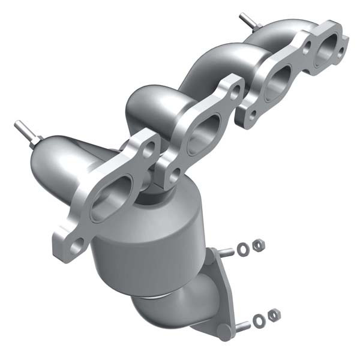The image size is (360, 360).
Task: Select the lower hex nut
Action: click(274, 314)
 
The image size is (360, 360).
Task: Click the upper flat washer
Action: click(243, 248)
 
